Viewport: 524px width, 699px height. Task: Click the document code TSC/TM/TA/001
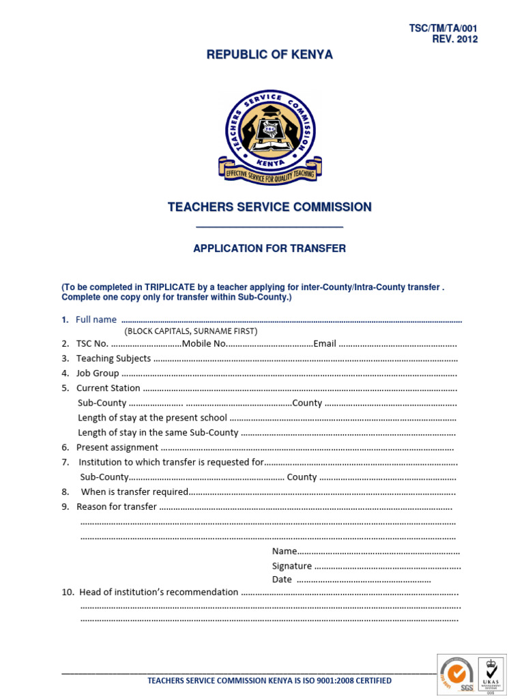tap(443, 28)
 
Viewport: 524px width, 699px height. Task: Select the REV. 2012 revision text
tap(455, 39)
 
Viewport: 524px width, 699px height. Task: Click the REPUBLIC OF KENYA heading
tap(270, 55)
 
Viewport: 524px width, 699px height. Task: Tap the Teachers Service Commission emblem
tap(270, 136)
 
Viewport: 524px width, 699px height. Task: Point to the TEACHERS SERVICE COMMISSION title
tap(270, 207)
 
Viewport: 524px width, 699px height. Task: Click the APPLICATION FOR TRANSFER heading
tap(270, 248)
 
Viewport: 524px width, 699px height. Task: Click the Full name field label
tap(96, 319)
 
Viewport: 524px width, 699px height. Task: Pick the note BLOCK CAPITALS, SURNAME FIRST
tap(190, 331)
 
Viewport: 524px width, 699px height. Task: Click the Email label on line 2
tap(325, 344)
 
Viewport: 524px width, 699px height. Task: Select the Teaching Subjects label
tap(113, 358)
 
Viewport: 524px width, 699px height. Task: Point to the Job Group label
tap(98, 373)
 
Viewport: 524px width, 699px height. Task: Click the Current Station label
tap(108, 388)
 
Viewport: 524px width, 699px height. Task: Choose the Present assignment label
tap(117, 448)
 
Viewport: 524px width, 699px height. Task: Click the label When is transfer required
tap(134, 492)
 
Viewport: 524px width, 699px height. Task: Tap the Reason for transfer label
tap(116, 507)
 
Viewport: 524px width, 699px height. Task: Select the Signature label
tap(292, 566)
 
